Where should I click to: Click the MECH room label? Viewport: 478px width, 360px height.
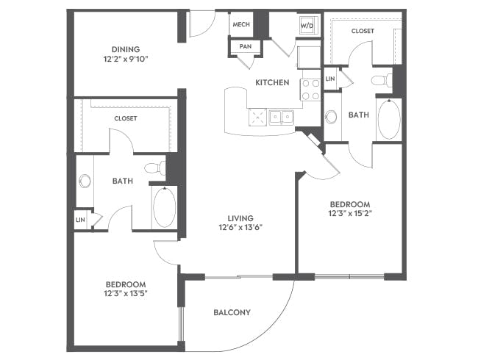pyautogui.click(x=241, y=24)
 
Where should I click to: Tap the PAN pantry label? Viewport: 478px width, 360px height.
pyautogui.click(x=246, y=46)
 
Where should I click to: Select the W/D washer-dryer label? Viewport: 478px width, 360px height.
pyautogui.click(x=307, y=26)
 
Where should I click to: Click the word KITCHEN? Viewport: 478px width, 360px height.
pyautogui.click(x=272, y=82)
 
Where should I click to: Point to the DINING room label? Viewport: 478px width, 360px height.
pyautogui.click(x=126, y=49)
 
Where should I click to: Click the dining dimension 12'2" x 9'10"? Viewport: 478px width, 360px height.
pyautogui.click(x=126, y=59)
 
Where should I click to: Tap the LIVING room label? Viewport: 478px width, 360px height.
pyautogui.click(x=240, y=218)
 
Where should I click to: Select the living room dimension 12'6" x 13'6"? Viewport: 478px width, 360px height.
pyautogui.click(x=240, y=227)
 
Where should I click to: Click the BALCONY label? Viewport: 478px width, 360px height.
pyautogui.click(x=232, y=312)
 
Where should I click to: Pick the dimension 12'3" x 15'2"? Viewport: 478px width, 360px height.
pyautogui.click(x=350, y=213)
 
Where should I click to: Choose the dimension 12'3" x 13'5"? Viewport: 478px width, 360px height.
pyautogui.click(x=126, y=294)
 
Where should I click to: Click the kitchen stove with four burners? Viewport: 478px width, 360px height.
pyautogui.click(x=310, y=90)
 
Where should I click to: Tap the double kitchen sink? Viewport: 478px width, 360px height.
pyautogui.click(x=281, y=117)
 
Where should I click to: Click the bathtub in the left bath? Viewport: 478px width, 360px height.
pyautogui.click(x=164, y=206)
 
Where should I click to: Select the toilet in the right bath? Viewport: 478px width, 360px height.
pyautogui.click(x=382, y=80)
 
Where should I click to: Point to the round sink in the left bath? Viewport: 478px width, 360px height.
pyautogui.click(x=85, y=181)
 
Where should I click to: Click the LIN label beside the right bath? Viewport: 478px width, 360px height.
pyautogui.click(x=330, y=79)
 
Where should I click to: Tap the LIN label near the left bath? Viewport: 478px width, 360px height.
pyautogui.click(x=80, y=220)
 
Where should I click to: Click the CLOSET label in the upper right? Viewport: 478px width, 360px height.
pyautogui.click(x=363, y=31)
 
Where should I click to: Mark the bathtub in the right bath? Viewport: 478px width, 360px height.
pyautogui.click(x=389, y=119)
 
